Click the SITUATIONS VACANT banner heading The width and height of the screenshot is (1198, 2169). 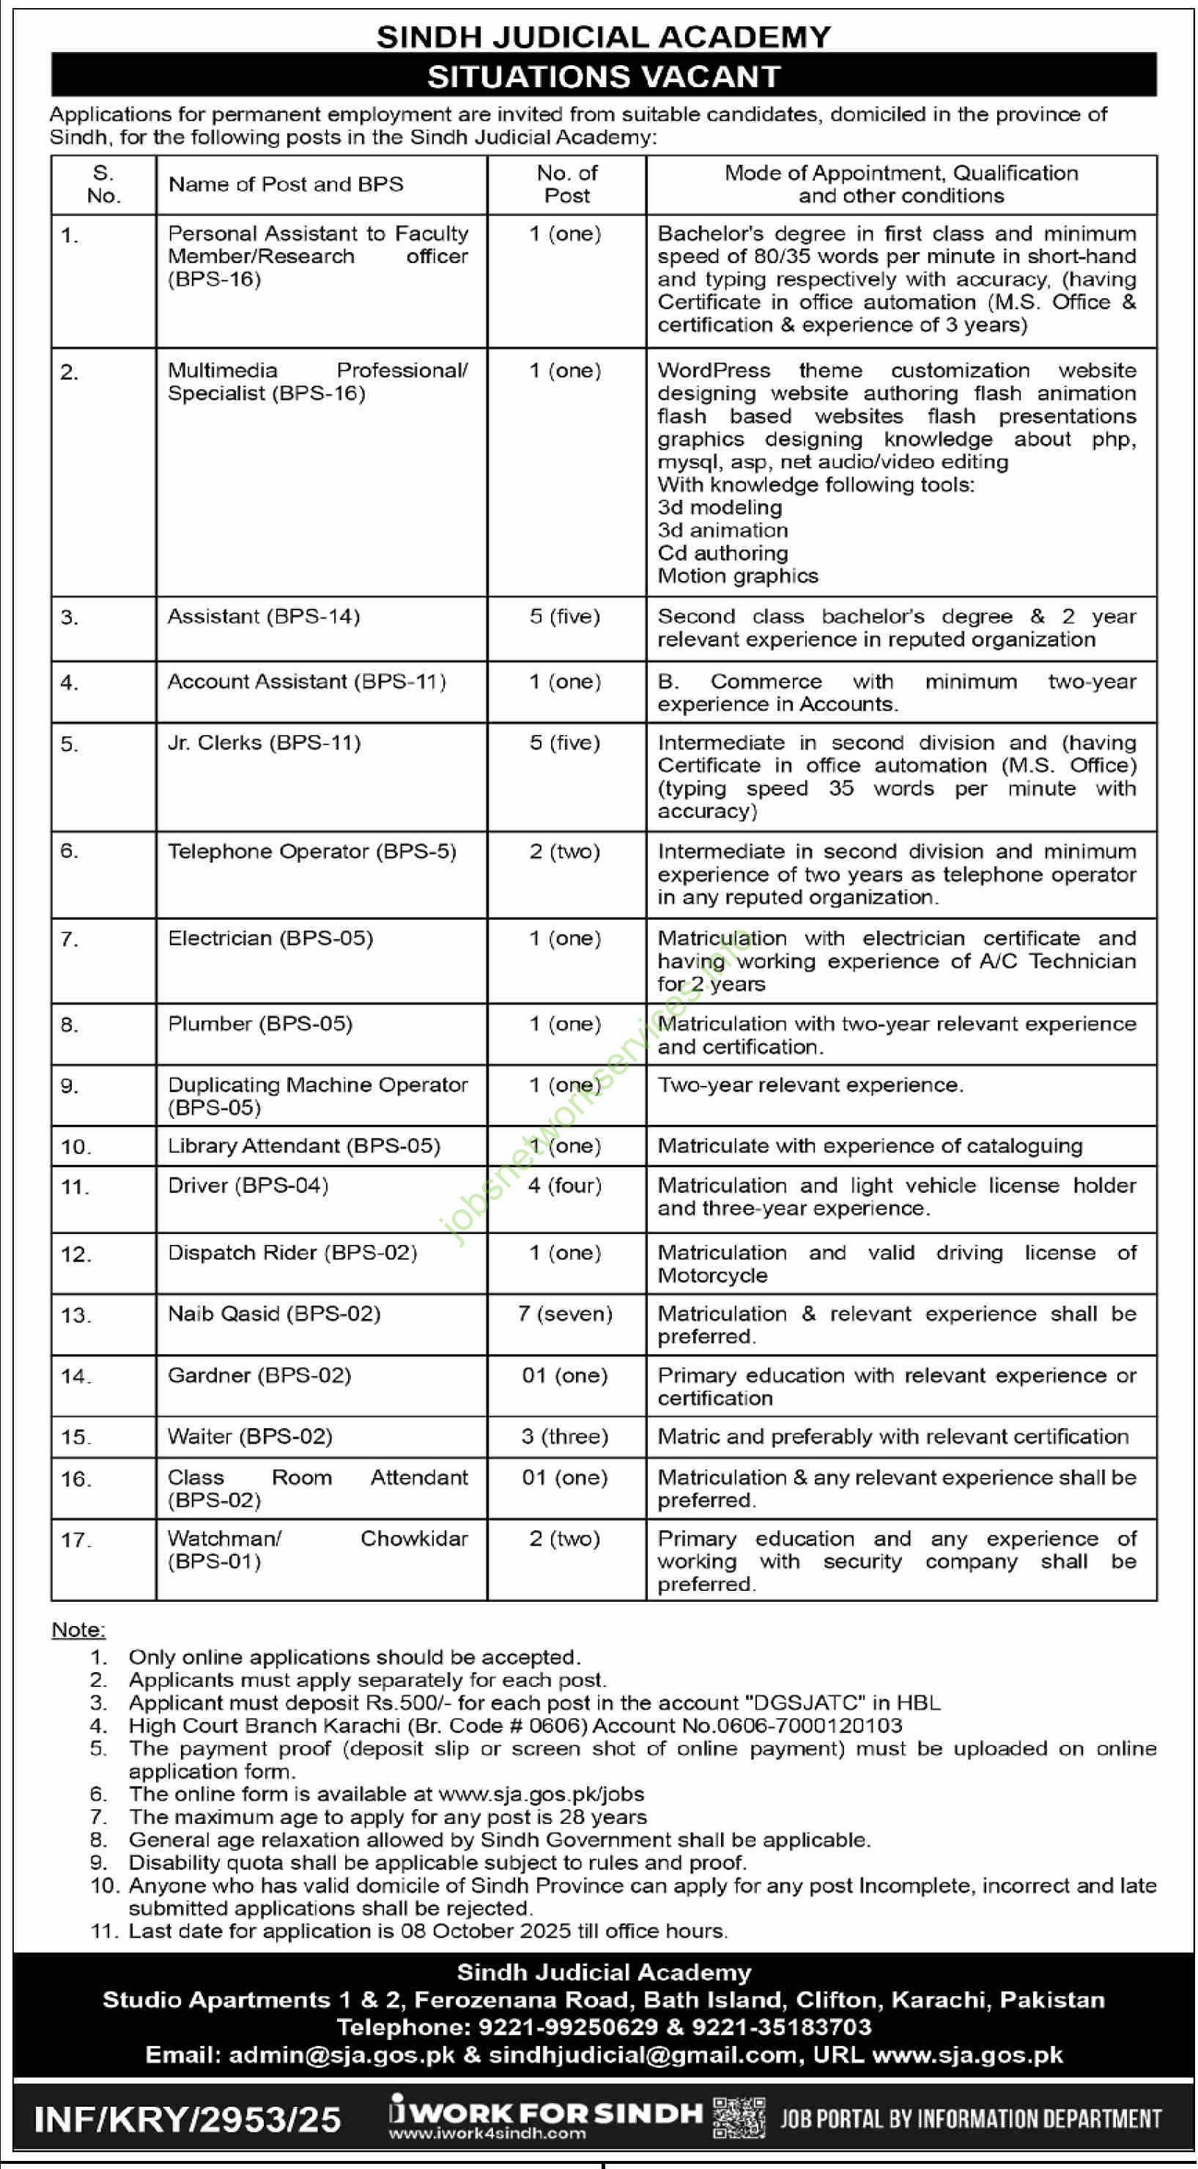coord(604,77)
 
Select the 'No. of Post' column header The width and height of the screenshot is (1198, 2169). coord(566,185)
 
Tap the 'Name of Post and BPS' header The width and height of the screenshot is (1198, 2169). coord(286,185)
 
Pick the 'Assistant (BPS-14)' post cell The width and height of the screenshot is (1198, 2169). coord(264,616)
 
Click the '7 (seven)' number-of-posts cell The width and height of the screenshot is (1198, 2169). coord(565,1314)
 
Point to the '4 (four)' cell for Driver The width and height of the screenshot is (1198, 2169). coord(565,1186)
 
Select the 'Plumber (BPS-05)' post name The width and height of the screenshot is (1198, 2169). coord(259,1024)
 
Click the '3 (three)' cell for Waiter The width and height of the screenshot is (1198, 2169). coord(565,1436)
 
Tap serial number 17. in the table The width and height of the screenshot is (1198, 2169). coord(75,1540)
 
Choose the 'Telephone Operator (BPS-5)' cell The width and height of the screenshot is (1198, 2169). coord(311,851)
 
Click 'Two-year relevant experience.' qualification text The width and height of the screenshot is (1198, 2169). coord(810,1084)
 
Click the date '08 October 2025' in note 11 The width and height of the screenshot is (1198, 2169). coord(486,1931)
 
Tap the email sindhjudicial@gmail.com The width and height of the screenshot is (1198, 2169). coord(643,2055)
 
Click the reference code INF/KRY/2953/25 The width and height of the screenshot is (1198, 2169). coord(187,2119)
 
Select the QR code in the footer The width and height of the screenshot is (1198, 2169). coord(739,2118)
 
